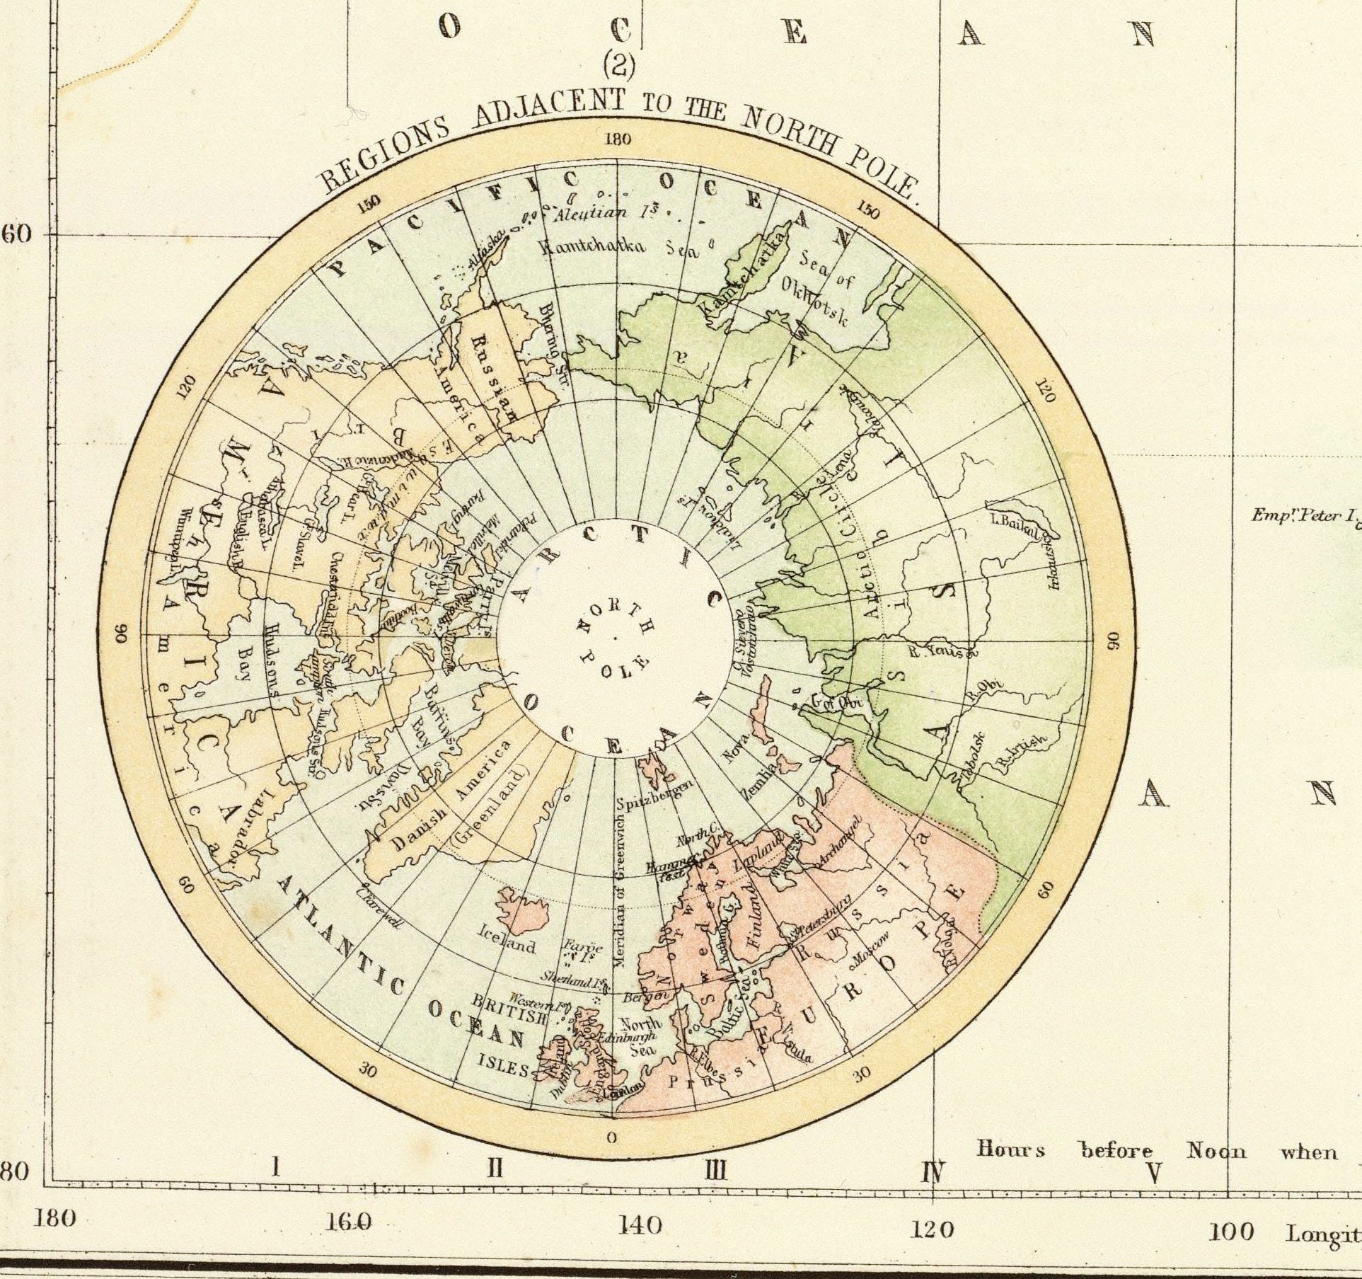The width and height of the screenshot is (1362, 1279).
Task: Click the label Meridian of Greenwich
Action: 621,897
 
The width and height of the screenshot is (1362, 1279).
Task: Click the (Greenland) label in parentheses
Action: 488,810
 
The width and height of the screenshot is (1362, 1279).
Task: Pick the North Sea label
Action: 640,1032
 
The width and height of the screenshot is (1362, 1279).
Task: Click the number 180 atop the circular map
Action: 617,139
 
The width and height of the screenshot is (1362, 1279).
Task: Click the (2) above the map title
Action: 619,67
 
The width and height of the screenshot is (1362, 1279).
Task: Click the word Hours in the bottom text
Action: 1010,1149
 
